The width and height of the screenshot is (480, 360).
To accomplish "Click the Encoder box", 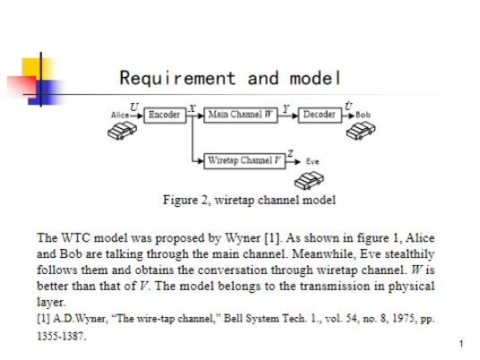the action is pos(165,116).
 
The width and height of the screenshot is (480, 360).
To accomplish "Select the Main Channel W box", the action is pos(241,116).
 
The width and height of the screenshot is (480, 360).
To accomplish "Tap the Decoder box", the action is pos(320,116).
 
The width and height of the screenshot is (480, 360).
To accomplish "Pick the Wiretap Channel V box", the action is pos(244,161).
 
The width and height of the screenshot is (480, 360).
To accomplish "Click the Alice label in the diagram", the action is pos(120,116).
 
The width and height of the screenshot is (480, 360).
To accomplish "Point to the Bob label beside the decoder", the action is pos(363,116).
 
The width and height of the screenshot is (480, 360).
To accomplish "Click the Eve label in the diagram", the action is pos(313,161).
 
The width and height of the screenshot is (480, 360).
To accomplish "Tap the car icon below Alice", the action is pos(122,131).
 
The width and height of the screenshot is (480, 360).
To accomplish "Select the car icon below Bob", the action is pos(361,131).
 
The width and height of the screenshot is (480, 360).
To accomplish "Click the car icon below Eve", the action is pos(309,180).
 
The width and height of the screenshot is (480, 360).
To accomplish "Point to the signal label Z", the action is pos(290,153).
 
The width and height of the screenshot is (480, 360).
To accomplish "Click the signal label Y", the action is pos(286,108).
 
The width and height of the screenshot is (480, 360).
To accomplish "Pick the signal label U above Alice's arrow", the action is pos(134,107).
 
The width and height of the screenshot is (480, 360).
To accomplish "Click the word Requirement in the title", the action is pos(177,78).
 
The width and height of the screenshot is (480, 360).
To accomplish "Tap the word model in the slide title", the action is pos(315,78).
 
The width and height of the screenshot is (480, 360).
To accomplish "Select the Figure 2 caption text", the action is pos(250,201).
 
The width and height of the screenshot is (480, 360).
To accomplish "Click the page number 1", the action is pos(461,344).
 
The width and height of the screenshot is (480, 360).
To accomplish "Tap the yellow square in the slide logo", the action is pos(32,68).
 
